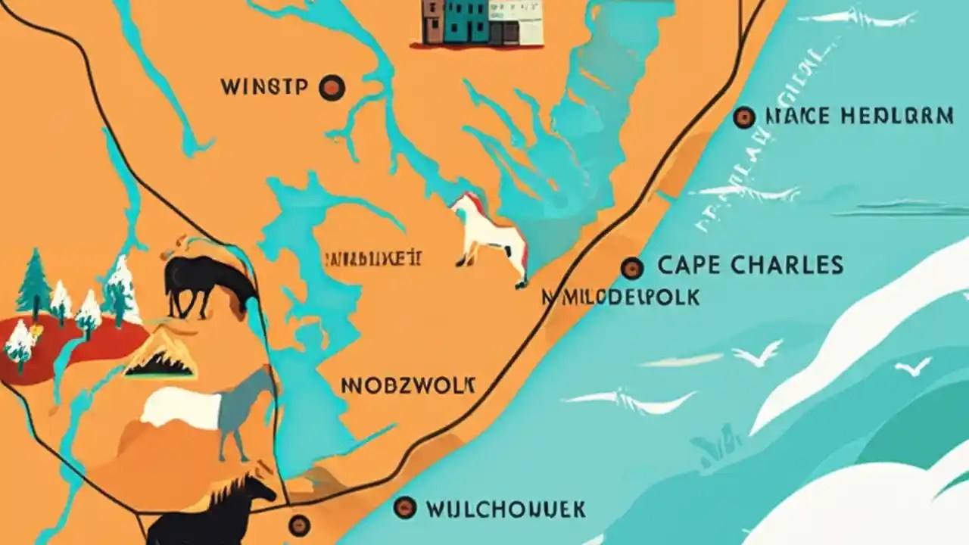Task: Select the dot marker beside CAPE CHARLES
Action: coord(632,267)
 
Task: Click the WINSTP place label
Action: coord(264,87)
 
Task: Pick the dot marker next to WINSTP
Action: coord(332,88)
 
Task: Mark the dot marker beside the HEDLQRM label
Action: coord(744,117)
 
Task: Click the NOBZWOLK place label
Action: coord(409,385)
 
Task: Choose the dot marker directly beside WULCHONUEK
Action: coord(405,507)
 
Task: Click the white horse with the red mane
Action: coord(492,236)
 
